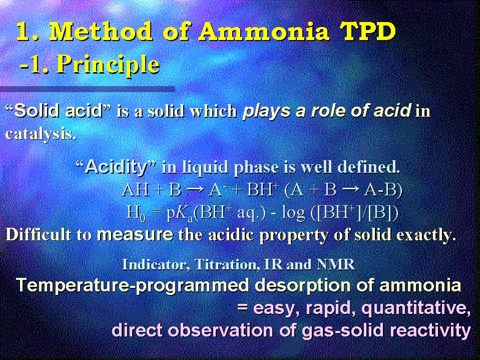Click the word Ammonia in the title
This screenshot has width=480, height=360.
pos(264,32)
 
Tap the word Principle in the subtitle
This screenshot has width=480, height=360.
pos(108,65)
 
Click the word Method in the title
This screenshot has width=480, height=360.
pos(101,32)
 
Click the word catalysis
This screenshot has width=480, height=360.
pos(41,134)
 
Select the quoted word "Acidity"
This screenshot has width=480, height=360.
pos(116,167)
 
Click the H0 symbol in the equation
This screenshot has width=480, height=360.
pos(136,212)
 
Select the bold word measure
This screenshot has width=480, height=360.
pos(135,234)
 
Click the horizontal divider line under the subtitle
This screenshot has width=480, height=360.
pos(88,89)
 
